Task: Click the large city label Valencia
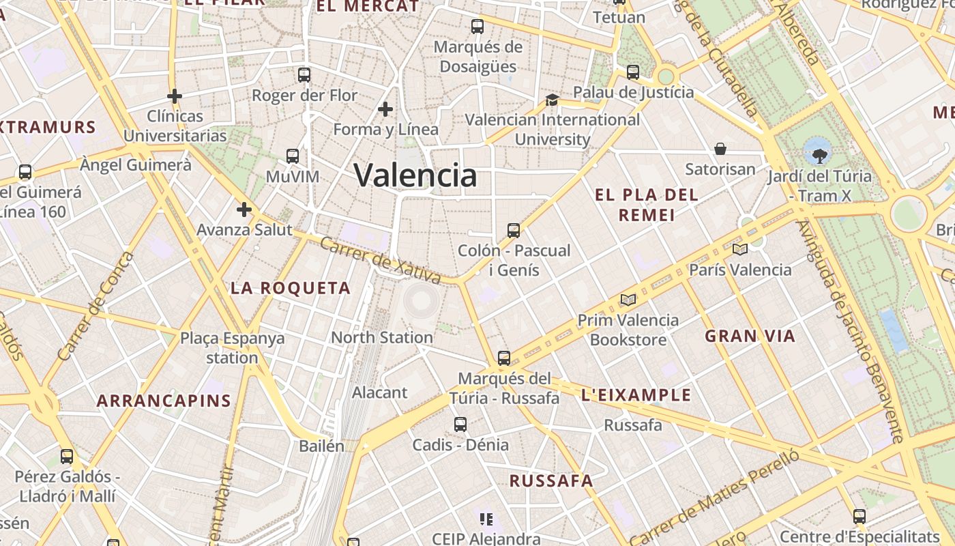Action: [415, 175]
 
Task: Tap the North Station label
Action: [381, 337]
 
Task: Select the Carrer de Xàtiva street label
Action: [381, 260]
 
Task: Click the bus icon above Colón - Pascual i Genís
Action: [514, 231]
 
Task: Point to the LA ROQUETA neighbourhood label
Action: [291, 288]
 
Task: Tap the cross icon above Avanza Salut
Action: [244, 210]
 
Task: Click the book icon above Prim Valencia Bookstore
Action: [628, 300]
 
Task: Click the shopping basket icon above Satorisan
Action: [720, 149]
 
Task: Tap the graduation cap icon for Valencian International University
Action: [552, 100]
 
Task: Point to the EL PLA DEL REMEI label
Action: [646, 205]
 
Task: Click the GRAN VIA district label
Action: [750, 336]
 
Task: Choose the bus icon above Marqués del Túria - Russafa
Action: [503, 358]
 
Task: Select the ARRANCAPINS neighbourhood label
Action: [164, 401]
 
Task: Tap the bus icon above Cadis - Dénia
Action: [460, 425]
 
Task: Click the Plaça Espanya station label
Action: [232, 348]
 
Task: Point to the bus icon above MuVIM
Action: [293, 156]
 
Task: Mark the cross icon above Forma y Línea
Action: [385, 109]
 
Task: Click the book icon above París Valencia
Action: [739, 249]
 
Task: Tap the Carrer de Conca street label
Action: [95, 306]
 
